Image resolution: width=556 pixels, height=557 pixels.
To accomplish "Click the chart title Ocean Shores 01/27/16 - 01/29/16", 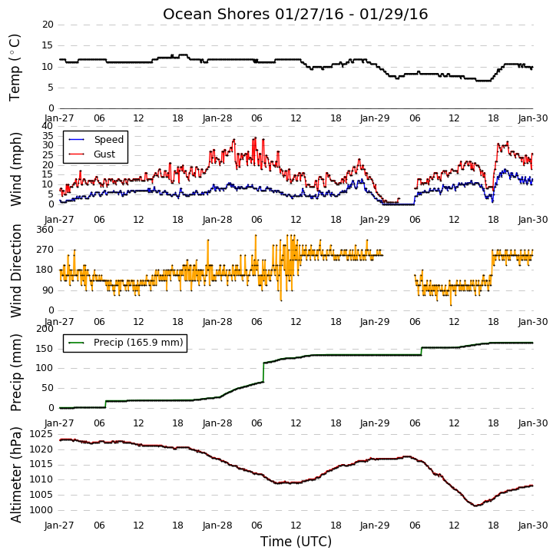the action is click(x=295, y=14).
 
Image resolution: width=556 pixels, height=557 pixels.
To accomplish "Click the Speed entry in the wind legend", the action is click(x=96, y=139).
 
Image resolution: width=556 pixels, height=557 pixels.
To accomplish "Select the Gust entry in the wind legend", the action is click(x=92, y=154).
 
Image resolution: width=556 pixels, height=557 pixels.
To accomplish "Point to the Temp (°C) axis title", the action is click(x=15, y=68).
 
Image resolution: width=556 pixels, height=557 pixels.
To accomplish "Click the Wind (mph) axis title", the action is click(x=15, y=169).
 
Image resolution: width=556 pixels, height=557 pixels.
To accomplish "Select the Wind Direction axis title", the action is click(x=16, y=270).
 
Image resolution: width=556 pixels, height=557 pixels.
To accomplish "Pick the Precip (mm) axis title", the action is click(x=16, y=373).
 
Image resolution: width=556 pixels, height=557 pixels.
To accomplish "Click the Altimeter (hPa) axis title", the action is click(x=16, y=475).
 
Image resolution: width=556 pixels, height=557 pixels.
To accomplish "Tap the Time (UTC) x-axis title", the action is click(x=296, y=542).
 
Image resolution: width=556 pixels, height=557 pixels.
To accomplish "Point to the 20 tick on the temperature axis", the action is click(x=48, y=25).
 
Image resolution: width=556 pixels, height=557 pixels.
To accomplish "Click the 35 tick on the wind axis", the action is click(x=48, y=136).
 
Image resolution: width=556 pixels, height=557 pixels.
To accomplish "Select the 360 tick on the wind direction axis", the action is click(x=45, y=230).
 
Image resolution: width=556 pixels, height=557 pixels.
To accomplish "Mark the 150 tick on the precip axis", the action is click(x=45, y=349).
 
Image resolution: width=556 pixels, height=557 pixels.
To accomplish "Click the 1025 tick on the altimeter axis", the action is click(x=41, y=434).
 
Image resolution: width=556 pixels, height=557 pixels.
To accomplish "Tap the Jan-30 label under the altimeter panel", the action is click(x=532, y=525).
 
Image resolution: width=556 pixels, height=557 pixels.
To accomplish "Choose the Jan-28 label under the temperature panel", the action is click(x=217, y=118).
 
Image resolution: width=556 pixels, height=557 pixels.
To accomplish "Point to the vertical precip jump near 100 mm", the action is click(x=263, y=373).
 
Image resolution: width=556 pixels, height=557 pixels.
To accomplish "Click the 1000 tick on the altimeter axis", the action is click(x=41, y=510).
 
